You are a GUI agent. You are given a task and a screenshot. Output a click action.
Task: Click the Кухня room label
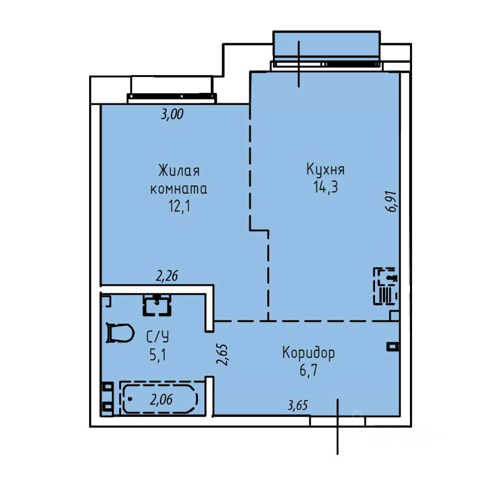(326, 169)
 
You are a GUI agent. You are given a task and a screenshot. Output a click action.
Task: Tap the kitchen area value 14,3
(326, 187)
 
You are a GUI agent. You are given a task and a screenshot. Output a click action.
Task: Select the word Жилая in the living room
(179, 171)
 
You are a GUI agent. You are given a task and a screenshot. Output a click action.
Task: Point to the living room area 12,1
(179, 206)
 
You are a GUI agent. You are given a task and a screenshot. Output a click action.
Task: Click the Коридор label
(309, 353)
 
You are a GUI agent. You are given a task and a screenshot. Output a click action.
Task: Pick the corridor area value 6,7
(308, 370)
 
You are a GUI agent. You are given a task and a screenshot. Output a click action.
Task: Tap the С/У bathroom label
(157, 337)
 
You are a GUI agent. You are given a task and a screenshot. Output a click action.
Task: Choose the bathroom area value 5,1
(158, 355)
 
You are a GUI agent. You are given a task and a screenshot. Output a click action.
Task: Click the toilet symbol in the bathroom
(120, 333)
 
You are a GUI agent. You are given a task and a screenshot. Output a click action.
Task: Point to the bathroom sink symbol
(157, 305)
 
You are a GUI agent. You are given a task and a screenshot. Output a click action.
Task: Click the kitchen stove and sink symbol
(386, 286)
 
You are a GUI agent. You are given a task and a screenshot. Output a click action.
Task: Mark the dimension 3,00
(172, 114)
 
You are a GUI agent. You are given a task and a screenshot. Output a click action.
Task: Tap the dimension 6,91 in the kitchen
(391, 202)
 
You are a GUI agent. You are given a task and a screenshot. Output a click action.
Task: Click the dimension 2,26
(167, 276)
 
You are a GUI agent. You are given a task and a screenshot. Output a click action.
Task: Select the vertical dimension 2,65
(222, 355)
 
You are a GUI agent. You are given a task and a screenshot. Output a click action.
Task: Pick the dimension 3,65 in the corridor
(298, 405)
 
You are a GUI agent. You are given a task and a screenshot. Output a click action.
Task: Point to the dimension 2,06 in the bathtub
(161, 399)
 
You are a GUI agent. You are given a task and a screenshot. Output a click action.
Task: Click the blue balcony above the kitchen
(327, 45)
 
